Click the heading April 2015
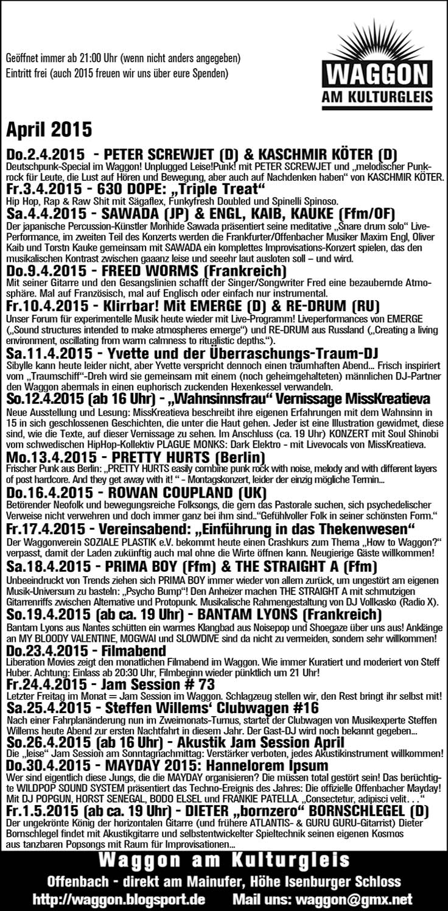click(49, 130)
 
